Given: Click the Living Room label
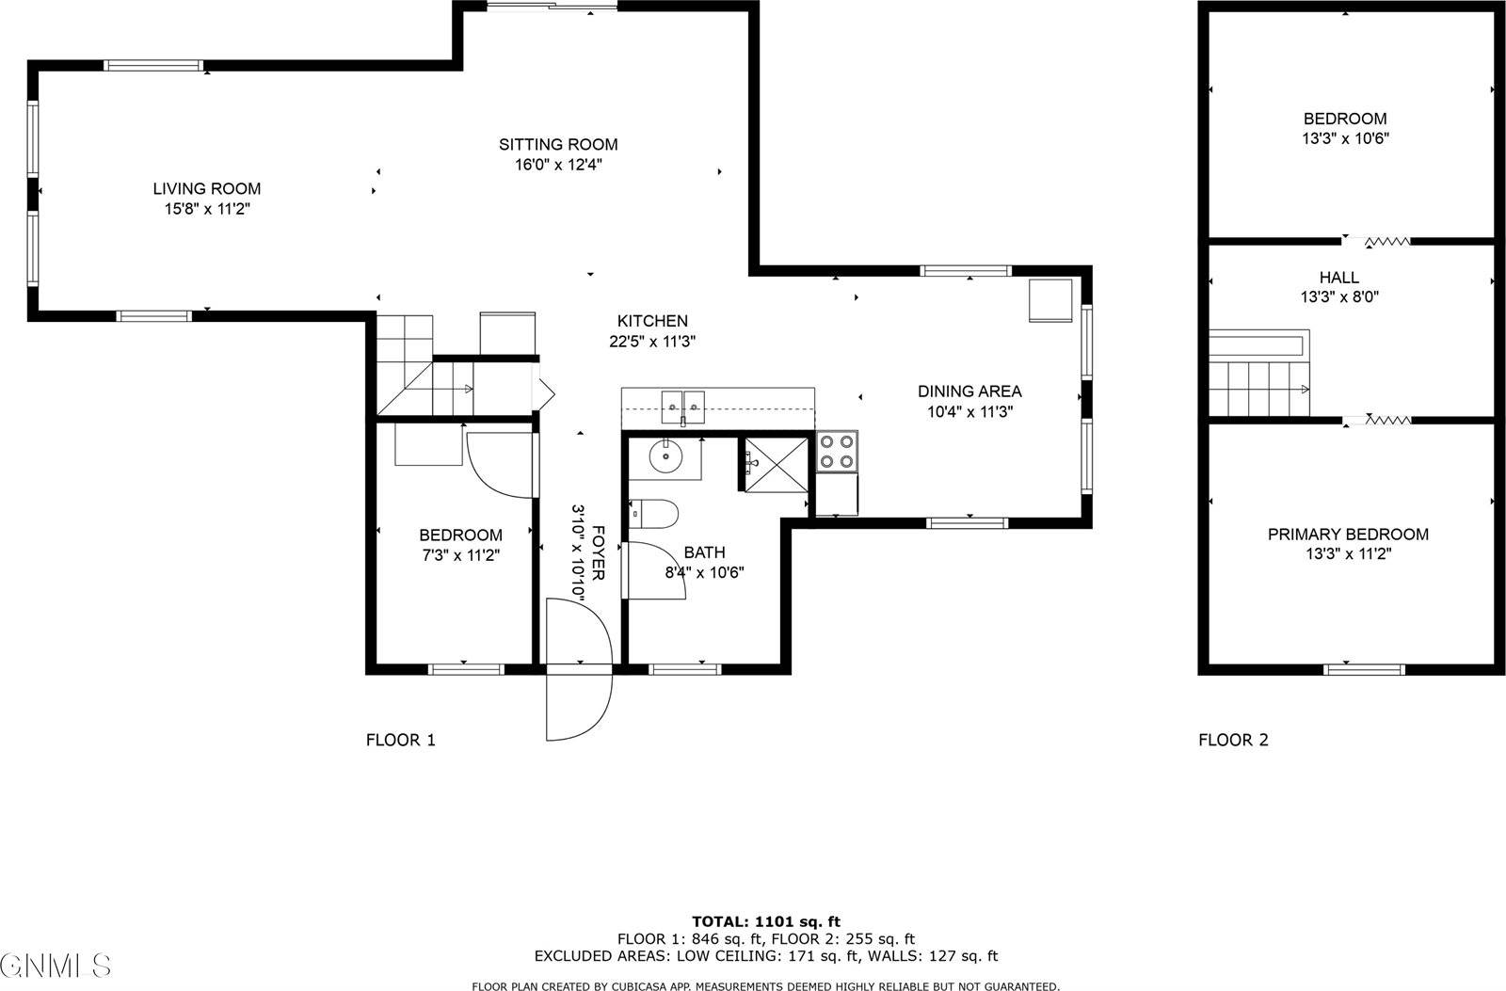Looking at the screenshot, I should tap(207, 189).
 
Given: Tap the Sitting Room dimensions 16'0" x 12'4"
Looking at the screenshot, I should tap(557, 165).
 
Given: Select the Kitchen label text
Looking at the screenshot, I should tap(651, 321).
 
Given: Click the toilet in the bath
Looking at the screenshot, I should tap(655, 514).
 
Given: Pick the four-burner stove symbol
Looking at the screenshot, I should tap(837, 451).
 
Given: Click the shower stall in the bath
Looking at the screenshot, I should tap(777, 464).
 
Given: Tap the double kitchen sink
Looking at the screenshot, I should tap(683, 407).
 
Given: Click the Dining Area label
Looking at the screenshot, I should tap(969, 392).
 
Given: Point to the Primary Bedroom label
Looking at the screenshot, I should tap(1347, 535).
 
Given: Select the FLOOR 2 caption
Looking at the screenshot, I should tap(1233, 740).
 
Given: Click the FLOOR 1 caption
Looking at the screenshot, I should tap(400, 740).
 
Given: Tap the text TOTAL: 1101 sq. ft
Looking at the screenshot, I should tap(765, 921).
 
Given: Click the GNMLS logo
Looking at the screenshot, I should tap(56, 965).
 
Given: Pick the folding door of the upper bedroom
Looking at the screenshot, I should tap(1387, 242).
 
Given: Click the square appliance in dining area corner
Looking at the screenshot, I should tap(1050, 301).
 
